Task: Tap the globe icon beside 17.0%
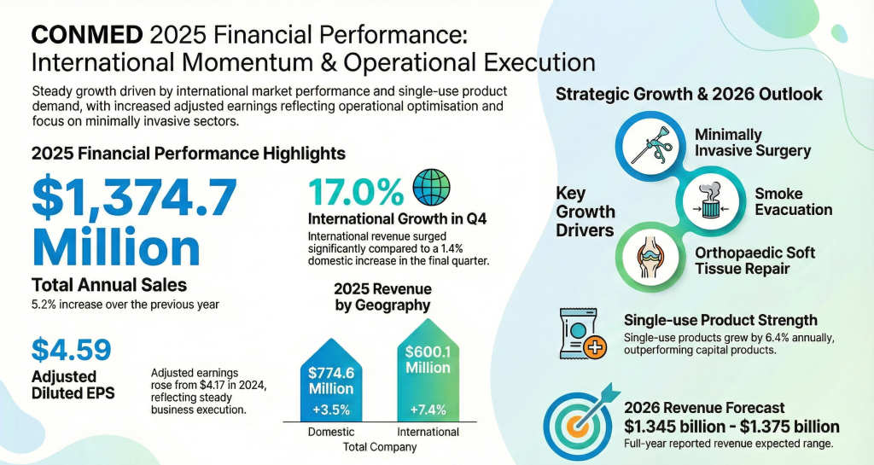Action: tap(431, 185)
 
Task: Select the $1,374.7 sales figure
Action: tap(135, 199)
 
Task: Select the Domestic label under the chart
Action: tap(330, 432)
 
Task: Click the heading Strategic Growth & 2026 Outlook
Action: tap(689, 94)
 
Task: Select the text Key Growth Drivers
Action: tap(586, 211)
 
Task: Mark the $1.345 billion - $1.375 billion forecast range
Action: tap(731, 427)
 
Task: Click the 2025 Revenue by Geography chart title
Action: tap(382, 296)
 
